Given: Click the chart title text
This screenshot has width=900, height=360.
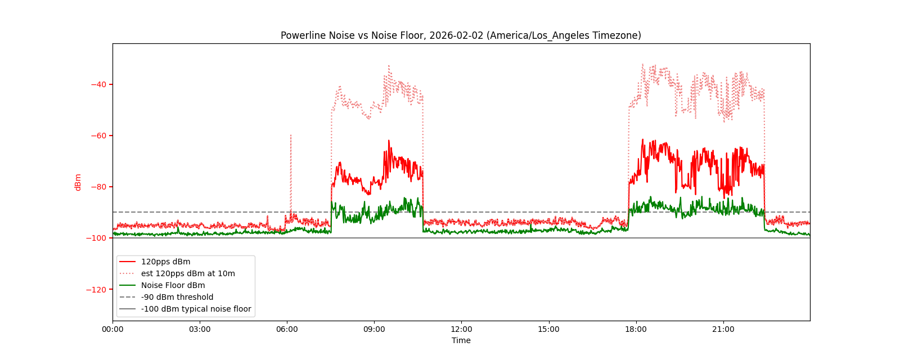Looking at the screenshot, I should (461, 35).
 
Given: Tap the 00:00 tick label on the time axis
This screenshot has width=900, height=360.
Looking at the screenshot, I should (112, 330).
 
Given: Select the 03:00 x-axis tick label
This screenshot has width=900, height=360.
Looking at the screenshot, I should (200, 330).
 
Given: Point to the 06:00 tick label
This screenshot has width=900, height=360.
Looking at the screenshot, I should (287, 330).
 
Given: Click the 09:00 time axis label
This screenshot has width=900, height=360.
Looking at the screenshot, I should (374, 330).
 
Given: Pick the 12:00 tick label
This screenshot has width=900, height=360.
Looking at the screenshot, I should (461, 330).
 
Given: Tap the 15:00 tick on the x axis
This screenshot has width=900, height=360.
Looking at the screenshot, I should (548, 330).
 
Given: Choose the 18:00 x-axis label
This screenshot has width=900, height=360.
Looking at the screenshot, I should (636, 330).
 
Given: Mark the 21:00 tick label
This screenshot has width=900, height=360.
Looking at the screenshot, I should (723, 330).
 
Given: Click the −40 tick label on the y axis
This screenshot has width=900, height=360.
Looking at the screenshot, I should (98, 84).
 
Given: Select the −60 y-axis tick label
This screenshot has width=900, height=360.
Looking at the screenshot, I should (98, 136).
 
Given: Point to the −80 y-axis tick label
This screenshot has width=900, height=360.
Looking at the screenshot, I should (98, 187).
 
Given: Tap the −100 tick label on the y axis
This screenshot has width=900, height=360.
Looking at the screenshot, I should (97, 238).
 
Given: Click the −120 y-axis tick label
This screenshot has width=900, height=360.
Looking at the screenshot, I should (97, 289).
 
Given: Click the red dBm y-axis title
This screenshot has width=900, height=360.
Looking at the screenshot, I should (78, 182).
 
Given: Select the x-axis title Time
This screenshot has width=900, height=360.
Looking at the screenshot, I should (461, 340).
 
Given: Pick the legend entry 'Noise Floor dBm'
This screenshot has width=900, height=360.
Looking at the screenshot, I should (173, 285).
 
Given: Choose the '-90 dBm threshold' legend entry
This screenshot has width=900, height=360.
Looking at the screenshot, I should (177, 297).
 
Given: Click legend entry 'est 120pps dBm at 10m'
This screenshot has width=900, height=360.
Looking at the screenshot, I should (188, 273).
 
